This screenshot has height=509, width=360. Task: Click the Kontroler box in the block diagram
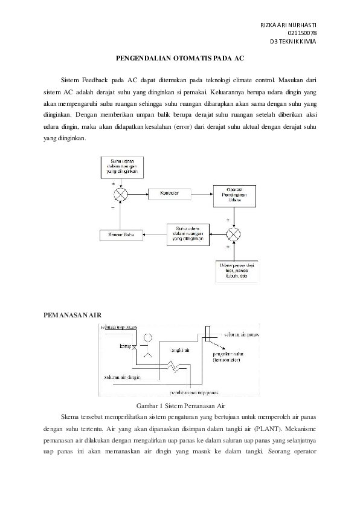click(170, 193)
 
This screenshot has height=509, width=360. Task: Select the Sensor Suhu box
click(121, 234)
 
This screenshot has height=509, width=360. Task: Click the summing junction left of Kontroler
click(121, 193)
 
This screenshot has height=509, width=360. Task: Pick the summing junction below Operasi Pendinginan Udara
click(234, 234)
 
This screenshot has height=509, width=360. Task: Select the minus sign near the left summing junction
click(112, 207)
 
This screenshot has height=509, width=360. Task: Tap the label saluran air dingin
click(122, 377)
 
